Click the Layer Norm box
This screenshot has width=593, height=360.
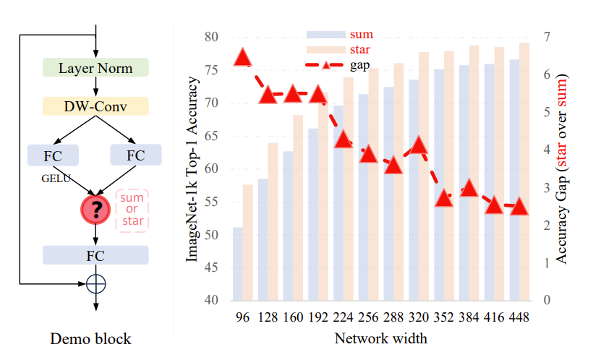pos(95,68)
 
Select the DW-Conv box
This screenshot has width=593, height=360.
pos(95,106)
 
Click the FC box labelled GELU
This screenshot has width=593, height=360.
pos(53,155)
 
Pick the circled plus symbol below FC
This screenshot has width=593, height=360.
pos(95,283)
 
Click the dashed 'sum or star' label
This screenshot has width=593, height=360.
pos(132,210)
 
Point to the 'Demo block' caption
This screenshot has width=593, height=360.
pos(90,338)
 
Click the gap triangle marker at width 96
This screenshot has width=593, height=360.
pos(243,58)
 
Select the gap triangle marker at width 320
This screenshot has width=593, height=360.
pos(419,147)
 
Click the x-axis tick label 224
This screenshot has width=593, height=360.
pos(344,317)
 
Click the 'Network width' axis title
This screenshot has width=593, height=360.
pos(381,338)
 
